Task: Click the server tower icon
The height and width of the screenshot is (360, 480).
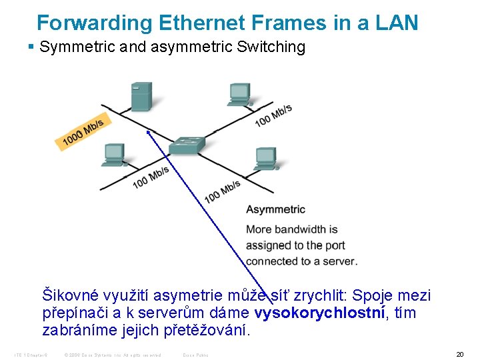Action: point(141,97)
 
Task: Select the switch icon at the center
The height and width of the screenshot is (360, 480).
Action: point(187,147)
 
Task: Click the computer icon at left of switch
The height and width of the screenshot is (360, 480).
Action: point(113,155)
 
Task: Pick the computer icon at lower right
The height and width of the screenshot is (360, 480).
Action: point(265,159)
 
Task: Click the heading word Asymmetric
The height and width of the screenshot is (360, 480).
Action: point(275,209)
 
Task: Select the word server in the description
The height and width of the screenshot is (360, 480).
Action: point(339,261)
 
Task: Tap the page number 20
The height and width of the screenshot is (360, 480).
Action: point(459,354)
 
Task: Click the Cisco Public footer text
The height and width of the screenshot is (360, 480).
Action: point(196,355)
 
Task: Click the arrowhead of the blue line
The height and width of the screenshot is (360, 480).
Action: point(148,132)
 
